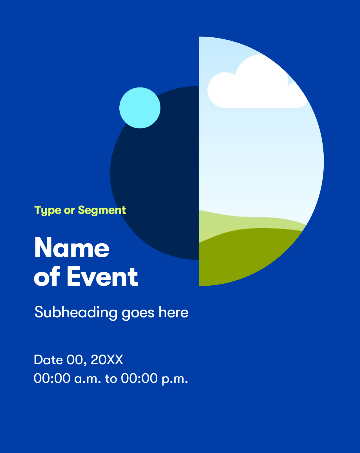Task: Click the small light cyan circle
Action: tap(140, 108)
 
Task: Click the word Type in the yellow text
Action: tap(48, 210)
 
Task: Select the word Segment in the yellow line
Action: tap(102, 210)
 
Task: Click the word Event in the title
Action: tap(102, 276)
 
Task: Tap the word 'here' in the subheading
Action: tap(173, 312)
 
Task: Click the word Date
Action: tap(48, 360)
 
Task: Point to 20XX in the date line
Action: tap(107, 360)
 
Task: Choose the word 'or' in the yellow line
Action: tap(70, 211)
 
